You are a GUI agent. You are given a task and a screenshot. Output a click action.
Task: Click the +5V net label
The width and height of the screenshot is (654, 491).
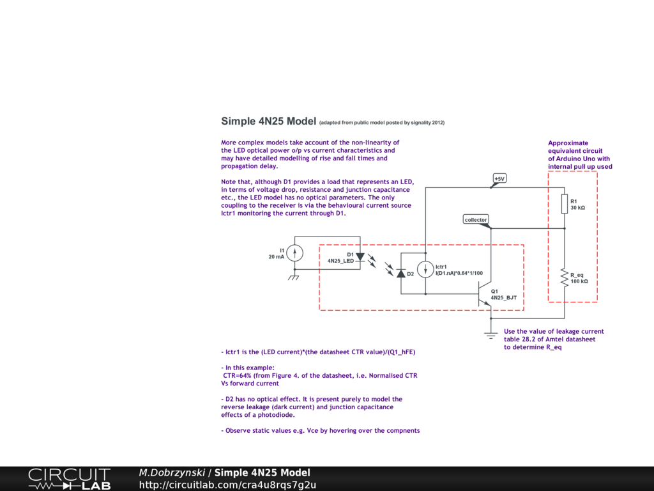tap(499, 178)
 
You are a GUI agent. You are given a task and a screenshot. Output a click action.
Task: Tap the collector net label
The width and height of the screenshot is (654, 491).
tap(476, 219)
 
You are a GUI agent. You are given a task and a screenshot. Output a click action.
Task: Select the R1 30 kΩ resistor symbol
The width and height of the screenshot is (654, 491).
tap(565, 204)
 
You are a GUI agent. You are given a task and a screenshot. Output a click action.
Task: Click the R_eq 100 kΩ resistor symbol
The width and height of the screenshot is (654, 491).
tap(565, 277)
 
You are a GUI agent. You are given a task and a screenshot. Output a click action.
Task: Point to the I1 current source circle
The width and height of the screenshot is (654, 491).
tap(294, 253)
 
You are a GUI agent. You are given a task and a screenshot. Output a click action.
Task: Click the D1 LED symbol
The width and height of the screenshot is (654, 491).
tap(360, 257)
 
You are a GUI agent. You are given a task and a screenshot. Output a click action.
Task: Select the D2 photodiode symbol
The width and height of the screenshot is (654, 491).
tap(401, 273)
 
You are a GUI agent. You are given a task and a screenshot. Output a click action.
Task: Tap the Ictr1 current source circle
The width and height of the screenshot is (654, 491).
tap(425, 270)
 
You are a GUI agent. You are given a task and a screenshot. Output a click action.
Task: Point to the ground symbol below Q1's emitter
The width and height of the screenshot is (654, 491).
tap(490, 334)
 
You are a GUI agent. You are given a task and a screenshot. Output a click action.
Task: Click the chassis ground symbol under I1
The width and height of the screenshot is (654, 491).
tap(294, 277)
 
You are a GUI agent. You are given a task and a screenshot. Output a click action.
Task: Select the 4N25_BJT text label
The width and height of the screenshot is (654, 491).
tap(504, 299)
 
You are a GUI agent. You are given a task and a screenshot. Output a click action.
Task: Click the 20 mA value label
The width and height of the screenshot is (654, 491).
tap(277, 257)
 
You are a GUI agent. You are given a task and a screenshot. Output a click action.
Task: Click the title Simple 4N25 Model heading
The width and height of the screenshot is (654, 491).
tap(268, 121)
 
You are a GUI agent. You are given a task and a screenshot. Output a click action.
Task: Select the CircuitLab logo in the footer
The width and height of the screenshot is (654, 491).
tap(69, 479)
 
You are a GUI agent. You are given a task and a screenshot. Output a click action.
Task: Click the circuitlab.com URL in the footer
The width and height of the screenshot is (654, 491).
tap(227, 485)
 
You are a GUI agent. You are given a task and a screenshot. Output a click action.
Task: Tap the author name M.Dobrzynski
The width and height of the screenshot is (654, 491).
tap(171, 473)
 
